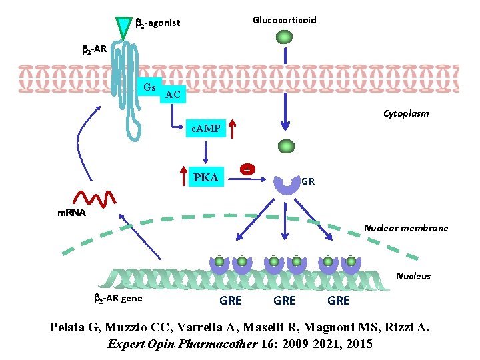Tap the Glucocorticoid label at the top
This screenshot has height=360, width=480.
(285, 20)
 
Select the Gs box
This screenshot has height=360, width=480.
(149, 88)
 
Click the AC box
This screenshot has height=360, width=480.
(172, 95)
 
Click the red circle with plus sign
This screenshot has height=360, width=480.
(247, 169)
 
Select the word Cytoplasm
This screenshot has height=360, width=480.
(406, 114)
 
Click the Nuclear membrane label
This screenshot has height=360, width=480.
(406, 229)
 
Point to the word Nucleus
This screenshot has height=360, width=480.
(413, 276)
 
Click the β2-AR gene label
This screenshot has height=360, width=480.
(117, 298)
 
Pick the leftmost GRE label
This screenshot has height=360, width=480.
(231, 301)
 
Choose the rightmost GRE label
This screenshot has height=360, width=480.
(339, 301)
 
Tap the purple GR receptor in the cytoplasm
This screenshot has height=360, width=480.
(287, 184)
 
